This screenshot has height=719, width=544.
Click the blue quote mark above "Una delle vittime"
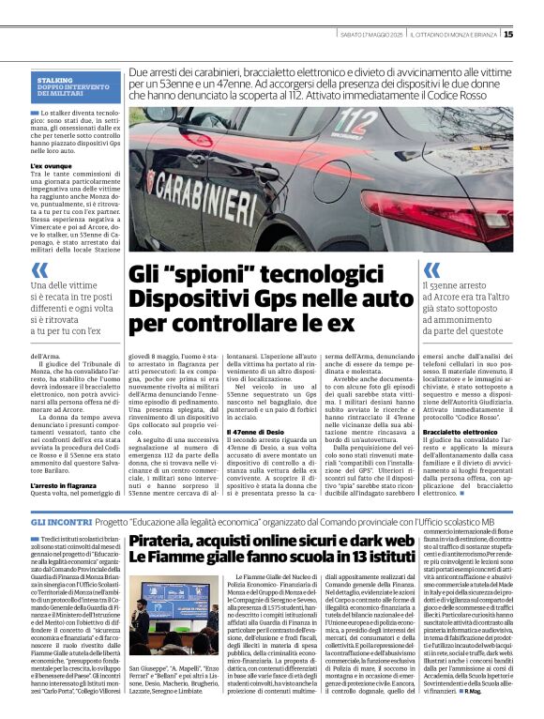[38, 269]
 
